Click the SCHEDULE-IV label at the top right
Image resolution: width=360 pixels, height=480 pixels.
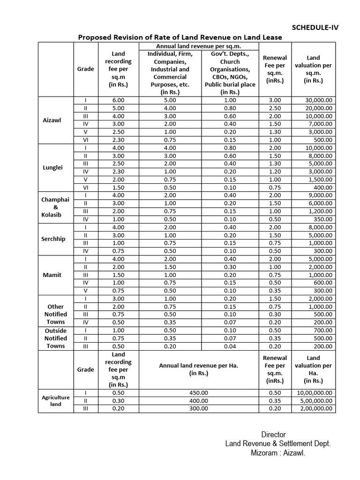(315, 27)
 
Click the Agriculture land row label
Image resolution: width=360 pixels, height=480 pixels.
(56, 400)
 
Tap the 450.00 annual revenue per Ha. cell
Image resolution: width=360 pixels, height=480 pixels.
(199, 392)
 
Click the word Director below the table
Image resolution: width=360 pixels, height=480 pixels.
(273, 435)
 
